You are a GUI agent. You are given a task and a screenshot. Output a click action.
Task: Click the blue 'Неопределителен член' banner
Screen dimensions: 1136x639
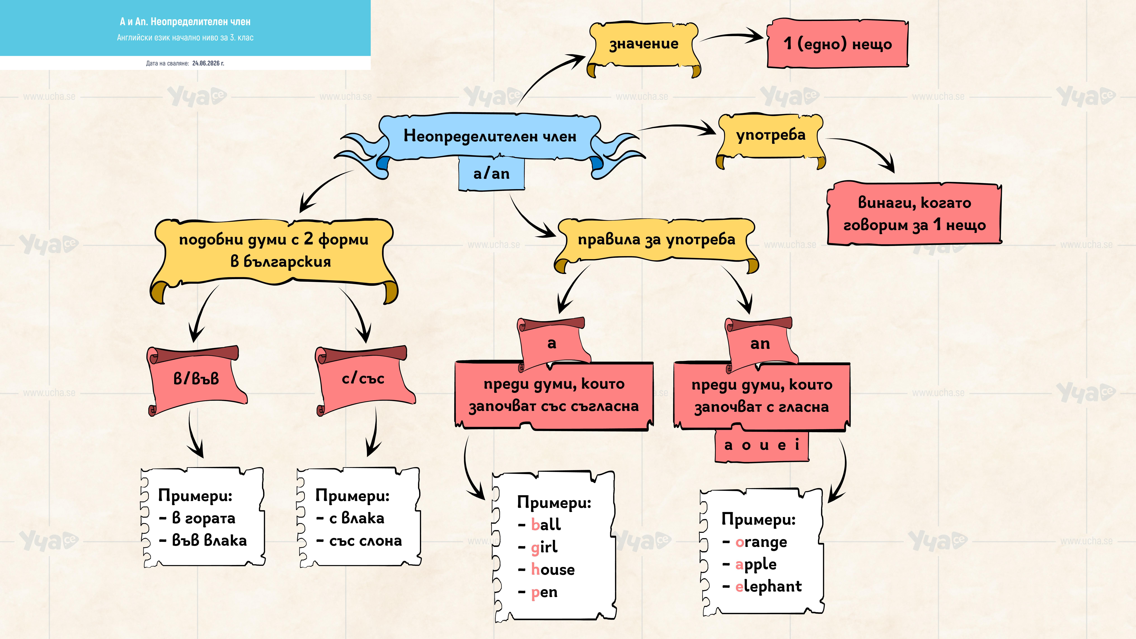[x=490, y=137]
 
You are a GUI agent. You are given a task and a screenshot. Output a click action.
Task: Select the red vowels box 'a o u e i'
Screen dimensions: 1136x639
[x=762, y=445]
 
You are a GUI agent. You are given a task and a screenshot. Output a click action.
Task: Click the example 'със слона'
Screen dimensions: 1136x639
[x=366, y=541]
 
